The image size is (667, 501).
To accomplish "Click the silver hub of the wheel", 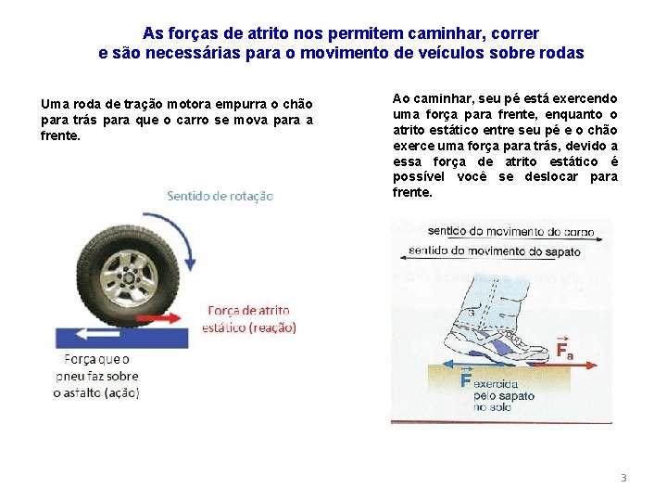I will [130, 273].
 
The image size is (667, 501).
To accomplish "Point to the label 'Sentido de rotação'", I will [220, 196].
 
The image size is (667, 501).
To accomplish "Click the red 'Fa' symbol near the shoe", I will [564, 351].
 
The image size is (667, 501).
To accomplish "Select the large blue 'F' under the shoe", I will [466, 381].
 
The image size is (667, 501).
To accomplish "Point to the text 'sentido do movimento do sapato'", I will [495, 250].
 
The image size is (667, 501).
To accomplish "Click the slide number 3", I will [623, 478].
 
